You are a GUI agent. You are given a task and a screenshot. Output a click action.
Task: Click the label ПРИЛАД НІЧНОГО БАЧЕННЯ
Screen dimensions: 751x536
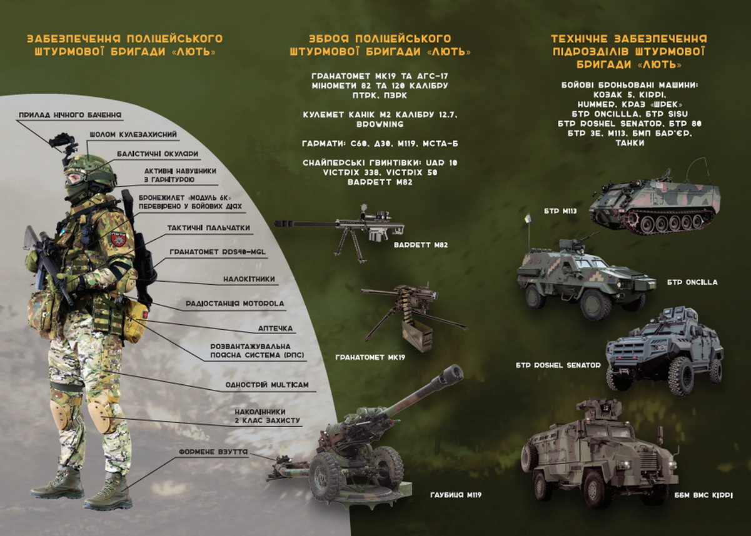(70, 115)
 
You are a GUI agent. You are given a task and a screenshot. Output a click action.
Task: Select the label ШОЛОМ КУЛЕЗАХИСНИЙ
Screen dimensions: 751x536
(133, 135)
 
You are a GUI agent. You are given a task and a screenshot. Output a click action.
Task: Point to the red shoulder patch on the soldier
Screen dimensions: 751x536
(118, 239)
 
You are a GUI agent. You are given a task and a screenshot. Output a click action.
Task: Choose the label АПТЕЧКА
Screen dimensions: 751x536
(275, 329)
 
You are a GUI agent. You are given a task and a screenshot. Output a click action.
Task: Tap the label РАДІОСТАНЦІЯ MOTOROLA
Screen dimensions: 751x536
(235, 304)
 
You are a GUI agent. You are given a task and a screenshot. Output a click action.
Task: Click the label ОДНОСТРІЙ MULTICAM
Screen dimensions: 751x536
(267, 385)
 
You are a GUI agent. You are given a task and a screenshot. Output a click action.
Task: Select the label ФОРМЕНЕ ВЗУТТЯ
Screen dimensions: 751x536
(213, 452)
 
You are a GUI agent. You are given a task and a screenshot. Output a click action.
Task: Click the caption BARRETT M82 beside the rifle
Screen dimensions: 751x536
(421, 245)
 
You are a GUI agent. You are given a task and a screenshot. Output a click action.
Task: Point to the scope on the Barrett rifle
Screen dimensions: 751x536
(375, 214)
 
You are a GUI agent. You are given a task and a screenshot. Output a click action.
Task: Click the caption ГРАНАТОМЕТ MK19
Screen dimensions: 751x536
(370, 357)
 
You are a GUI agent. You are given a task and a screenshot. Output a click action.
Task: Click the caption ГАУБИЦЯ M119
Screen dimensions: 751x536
(456, 495)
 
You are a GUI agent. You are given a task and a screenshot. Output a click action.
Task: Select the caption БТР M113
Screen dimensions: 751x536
(560, 211)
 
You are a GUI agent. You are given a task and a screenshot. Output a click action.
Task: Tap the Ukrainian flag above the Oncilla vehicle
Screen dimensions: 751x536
(528, 218)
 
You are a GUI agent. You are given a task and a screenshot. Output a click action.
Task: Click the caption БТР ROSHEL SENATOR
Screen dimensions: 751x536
(558, 365)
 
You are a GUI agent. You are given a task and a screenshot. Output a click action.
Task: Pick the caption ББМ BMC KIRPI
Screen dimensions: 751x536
(703, 495)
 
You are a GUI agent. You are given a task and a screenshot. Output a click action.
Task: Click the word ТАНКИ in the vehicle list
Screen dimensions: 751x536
(630, 143)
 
